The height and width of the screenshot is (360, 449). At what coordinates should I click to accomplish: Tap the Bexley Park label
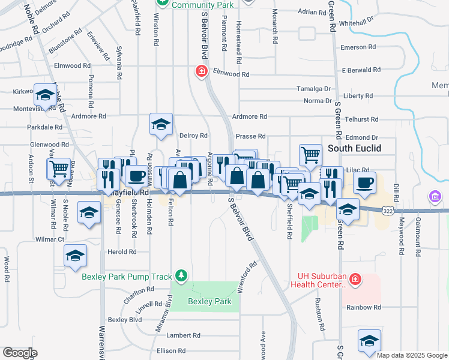[x=209, y=301]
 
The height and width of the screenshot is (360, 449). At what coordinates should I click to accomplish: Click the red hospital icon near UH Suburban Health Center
[x=355, y=279]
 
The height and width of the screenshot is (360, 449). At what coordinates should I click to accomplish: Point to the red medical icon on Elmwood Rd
[x=202, y=72]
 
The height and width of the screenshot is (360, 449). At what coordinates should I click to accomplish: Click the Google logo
[x=20, y=352]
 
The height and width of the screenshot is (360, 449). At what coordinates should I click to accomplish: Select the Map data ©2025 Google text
[x=411, y=355]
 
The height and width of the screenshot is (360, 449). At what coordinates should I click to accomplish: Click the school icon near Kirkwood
[x=45, y=95]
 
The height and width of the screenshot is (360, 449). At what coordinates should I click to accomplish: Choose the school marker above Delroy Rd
[x=161, y=124]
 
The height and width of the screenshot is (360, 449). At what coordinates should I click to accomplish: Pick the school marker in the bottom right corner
[x=369, y=341]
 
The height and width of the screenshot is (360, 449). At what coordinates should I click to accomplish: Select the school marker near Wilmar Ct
[x=75, y=257]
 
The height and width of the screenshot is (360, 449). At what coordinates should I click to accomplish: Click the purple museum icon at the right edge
[x=435, y=196]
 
